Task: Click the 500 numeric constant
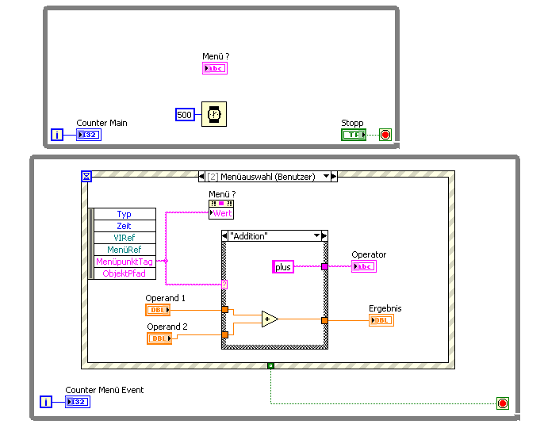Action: point(185,115)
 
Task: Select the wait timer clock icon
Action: point(213,114)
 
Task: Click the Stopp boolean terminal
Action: point(354,135)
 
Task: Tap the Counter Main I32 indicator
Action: point(89,135)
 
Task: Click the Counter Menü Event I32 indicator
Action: point(78,402)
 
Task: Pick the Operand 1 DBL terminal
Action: point(157,310)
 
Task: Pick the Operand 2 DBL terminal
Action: point(159,338)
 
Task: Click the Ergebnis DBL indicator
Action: point(381,320)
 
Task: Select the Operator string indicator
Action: point(364,266)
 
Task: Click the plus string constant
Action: point(283,267)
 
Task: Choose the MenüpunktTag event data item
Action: point(125,262)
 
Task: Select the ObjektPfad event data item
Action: point(125,273)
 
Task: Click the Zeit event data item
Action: point(125,226)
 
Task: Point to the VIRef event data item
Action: point(125,238)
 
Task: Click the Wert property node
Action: point(221,213)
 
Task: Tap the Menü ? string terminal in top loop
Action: point(215,69)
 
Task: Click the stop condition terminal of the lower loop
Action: point(502,403)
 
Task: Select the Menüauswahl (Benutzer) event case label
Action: point(267,177)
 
